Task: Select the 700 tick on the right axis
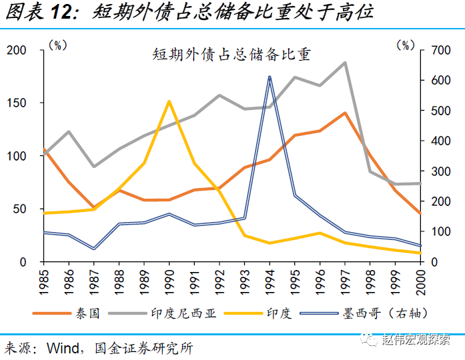[438, 51]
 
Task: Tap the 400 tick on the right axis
[438, 141]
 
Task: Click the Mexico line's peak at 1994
[270, 78]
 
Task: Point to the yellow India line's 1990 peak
[169, 101]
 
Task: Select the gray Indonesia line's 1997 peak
[345, 63]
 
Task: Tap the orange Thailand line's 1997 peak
[345, 113]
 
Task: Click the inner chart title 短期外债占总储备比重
[231, 55]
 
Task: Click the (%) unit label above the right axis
[404, 45]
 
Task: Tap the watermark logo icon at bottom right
[370, 340]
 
